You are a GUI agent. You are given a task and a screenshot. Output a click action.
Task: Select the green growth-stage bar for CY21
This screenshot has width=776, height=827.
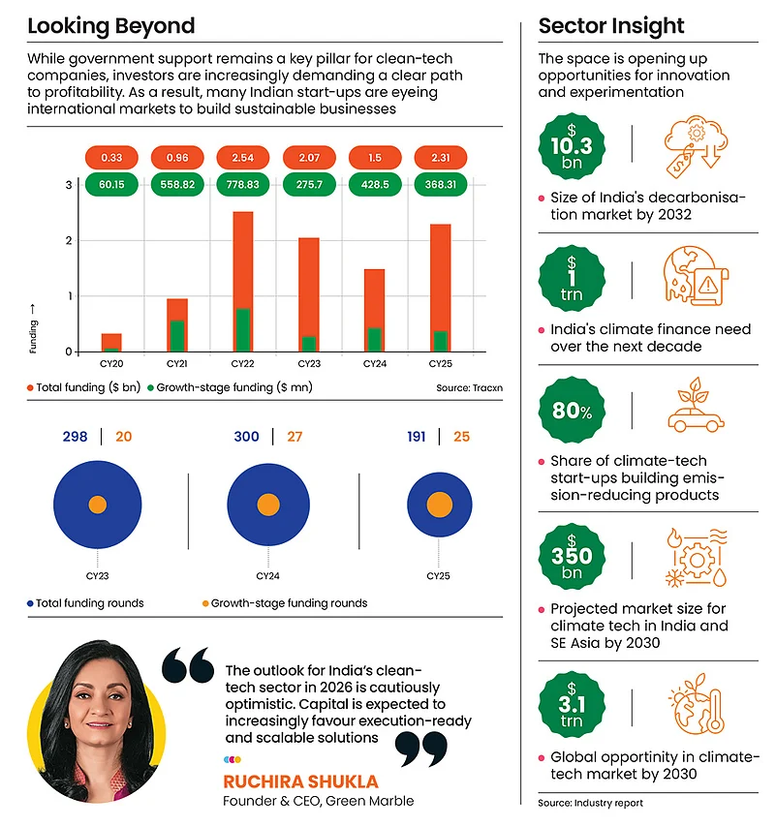177,335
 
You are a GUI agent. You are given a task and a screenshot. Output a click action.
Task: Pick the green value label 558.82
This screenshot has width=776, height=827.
177,184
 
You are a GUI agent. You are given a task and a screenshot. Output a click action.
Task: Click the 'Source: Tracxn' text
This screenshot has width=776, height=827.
469,387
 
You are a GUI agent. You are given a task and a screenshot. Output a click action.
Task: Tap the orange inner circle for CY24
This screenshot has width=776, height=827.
266,505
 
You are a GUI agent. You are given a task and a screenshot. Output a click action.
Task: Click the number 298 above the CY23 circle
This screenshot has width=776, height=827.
75,437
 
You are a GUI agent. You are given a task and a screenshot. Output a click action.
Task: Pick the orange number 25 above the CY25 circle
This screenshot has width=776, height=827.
461,437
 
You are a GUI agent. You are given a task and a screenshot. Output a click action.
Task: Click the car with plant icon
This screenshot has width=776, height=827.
697,411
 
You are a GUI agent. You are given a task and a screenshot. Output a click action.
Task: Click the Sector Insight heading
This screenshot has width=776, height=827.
611,26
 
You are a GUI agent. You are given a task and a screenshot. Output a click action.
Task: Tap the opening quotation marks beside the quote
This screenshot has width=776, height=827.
187,665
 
